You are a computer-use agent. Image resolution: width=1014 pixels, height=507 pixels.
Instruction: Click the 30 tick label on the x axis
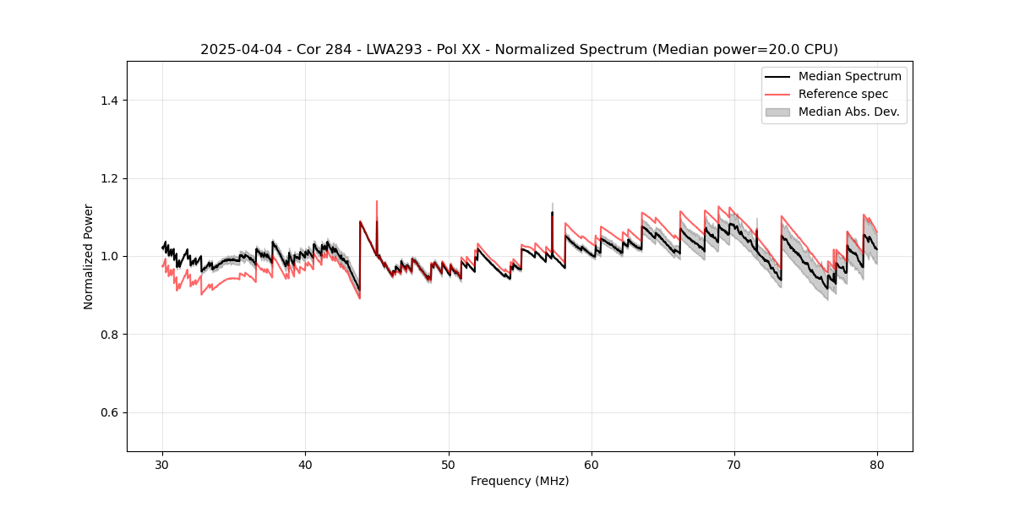(x=163, y=465)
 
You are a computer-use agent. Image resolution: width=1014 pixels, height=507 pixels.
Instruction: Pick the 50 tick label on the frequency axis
(x=449, y=465)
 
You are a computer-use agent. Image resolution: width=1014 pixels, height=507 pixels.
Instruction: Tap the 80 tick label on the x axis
(x=877, y=465)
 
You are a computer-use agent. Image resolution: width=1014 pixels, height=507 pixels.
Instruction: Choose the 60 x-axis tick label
(x=591, y=465)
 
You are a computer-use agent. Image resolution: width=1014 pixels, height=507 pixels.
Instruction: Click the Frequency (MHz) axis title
(x=520, y=481)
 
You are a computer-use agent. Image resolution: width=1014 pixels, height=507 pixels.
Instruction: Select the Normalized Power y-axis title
(x=89, y=256)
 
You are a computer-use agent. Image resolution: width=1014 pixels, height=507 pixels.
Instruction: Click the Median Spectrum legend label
(x=849, y=76)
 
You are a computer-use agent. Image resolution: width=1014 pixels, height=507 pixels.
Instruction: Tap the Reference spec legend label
(x=843, y=94)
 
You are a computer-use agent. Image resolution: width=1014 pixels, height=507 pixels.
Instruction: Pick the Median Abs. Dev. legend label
(x=848, y=112)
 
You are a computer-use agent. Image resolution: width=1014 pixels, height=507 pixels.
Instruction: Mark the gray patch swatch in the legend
(x=777, y=112)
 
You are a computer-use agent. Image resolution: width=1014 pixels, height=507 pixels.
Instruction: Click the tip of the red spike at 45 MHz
(x=377, y=201)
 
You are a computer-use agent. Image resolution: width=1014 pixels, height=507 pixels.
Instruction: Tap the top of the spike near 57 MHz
(x=553, y=204)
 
